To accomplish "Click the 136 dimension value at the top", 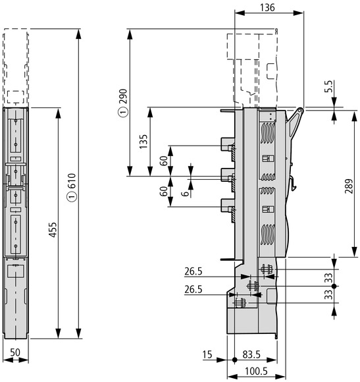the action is [267, 7].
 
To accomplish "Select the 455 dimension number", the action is [53, 229].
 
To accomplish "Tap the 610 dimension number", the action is [72, 180].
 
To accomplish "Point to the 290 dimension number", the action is [124, 96].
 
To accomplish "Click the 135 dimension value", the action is [143, 142].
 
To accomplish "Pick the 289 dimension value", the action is [349, 186].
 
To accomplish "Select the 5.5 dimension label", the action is [328, 86].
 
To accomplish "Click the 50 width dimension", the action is [15, 352].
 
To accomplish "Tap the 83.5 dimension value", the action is [251, 354].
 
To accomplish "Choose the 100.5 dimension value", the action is [256, 371].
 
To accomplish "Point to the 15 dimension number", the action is [207, 354].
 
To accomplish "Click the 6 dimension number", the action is [185, 194].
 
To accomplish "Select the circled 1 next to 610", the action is [72, 197].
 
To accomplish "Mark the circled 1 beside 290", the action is [124, 113].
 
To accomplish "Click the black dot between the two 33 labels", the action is [334, 286].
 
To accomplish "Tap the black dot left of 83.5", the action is [234, 360].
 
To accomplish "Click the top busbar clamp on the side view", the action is [228, 144].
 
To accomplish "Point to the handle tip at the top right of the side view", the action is [301, 111].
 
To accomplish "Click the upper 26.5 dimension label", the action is [193, 271].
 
